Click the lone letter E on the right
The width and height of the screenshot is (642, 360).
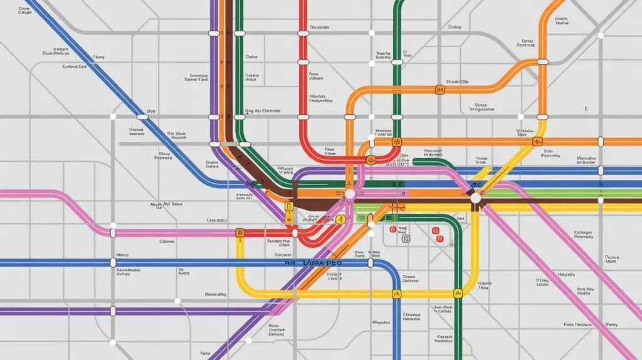pos(586,109)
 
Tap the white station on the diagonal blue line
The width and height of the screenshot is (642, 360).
pos(142,117)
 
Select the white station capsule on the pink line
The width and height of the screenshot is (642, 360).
pos(113,233)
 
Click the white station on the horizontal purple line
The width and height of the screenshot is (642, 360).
pos(113,310)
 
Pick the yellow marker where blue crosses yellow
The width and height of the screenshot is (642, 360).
pos(396,294)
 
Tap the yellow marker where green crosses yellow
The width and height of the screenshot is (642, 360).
pos(458,292)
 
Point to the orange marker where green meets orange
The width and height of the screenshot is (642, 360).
pos(396,142)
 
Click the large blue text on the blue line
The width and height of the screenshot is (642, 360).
pos(313,263)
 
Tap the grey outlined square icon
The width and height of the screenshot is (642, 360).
pos(405,239)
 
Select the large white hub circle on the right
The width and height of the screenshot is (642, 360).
pos(476,198)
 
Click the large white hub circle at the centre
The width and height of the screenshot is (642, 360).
pos(350,194)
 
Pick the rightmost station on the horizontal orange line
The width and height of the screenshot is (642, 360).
pos(601,142)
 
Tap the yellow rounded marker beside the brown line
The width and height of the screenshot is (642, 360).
pos(289,206)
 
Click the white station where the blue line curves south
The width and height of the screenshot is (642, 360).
pos(371,263)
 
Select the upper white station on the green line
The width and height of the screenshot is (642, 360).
pos(396,62)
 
